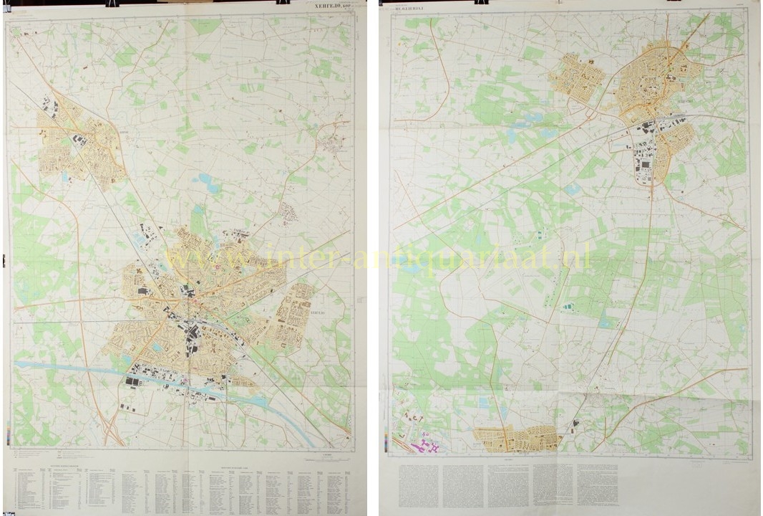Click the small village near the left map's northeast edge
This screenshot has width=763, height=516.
pyautogui.click(x=332, y=144)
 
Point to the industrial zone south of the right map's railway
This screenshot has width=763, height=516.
pyautogui.click(x=648, y=154)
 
